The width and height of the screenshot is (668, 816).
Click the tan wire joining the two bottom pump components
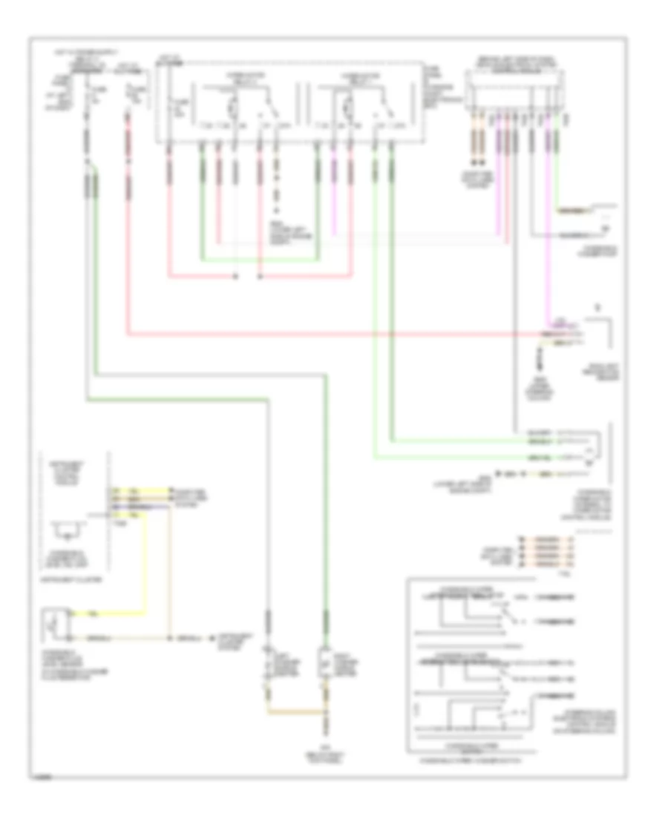point(297,713)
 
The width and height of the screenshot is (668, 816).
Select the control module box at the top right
point(520,90)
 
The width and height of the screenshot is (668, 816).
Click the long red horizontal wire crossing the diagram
point(334,335)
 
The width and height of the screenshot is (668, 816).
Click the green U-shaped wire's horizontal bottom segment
point(260,260)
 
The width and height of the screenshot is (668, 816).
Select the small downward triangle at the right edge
point(597,306)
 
